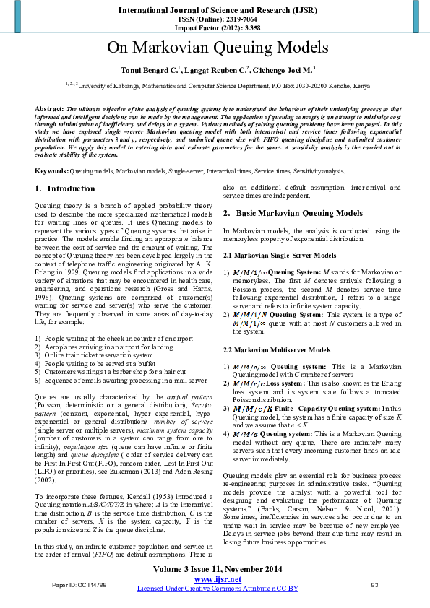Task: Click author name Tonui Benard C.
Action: [147, 70]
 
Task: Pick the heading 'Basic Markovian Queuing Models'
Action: [299, 214]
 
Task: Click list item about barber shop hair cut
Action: [116, 371]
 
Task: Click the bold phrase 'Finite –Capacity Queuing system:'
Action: [312, 408]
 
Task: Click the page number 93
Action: [374, 584]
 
